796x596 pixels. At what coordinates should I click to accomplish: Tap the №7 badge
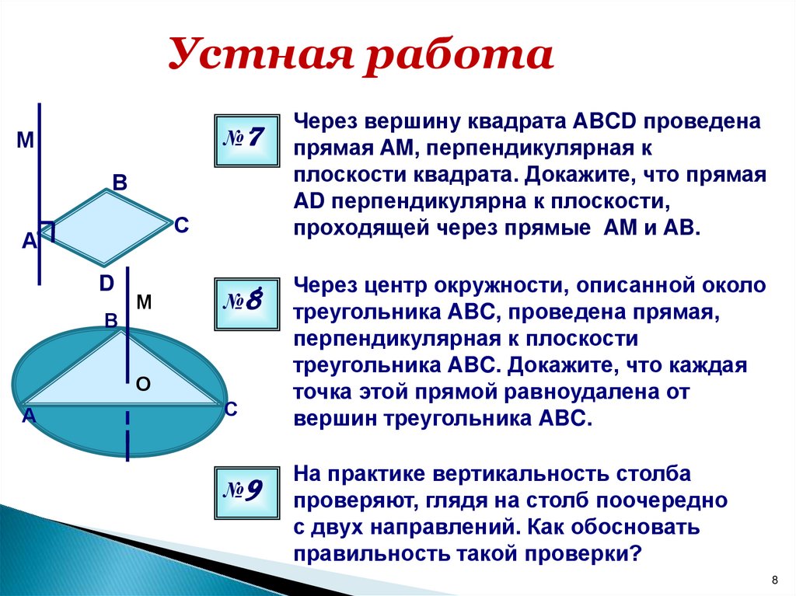point(244,139)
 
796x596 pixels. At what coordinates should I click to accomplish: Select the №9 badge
point(244,491)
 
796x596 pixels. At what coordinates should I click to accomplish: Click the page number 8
point(774,580)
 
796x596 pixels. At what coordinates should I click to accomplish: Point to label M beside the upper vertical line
point(25,141)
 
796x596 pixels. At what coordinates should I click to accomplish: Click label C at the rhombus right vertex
point(180,225)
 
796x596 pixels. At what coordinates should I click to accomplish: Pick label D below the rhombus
point(106,283)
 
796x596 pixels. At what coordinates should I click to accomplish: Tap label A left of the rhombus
point(29,242)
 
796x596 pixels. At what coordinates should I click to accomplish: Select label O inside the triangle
point(142,384)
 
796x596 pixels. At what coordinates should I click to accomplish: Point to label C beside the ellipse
point(230,410)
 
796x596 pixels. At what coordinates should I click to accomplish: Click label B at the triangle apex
point(111,320)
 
